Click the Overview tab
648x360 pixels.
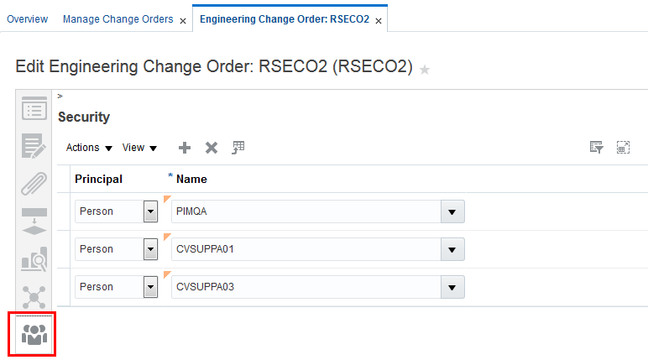coord(27,19)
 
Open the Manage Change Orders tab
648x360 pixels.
coord(118,19)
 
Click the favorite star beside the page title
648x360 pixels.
coord(425,70)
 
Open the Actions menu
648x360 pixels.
coord(89,148)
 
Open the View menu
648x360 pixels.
coord(139,148)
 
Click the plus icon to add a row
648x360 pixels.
coord(185,148)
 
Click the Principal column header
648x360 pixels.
coord(98,179)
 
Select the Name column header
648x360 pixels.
coord(191,179)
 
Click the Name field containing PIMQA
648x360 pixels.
coord(306,211)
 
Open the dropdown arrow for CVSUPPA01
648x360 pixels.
coord(453,249)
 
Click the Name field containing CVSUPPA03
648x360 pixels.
coord(306,287)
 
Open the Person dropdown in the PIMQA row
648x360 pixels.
coord(151,211)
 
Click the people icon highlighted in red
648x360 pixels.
coord(34,333)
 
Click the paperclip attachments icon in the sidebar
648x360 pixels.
coord(34,184)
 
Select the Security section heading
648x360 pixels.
coord(84,117)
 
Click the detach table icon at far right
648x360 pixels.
coord(623,148)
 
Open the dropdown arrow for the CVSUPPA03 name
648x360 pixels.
coord(453,287)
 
